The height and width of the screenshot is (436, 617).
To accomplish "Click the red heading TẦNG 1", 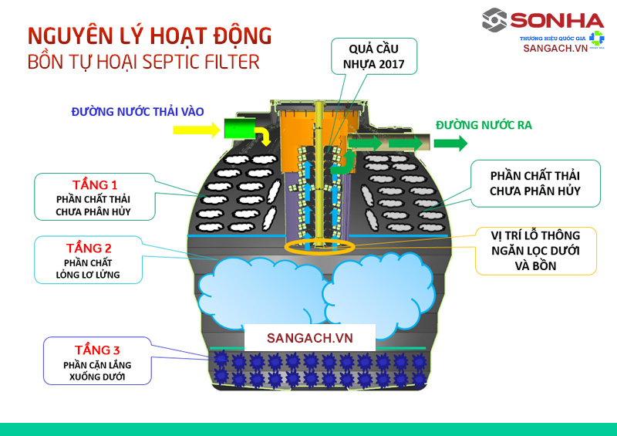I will point(94,185).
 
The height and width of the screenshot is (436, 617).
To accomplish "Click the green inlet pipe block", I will point(241,128).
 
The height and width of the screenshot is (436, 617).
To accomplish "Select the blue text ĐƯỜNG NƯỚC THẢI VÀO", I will point(137,112).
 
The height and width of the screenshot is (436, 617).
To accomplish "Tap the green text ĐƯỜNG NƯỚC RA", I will point(484,124).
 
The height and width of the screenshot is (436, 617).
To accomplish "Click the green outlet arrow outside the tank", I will point(450,143).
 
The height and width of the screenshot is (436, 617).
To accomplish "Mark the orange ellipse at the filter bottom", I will point(319,247).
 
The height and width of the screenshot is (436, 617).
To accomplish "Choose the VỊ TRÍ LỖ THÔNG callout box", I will point(535,250).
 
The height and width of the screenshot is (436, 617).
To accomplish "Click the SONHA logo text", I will point(545,19).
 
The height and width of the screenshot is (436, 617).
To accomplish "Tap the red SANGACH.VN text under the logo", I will point(555,48).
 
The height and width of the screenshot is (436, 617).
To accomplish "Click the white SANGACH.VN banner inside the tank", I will point(309,338).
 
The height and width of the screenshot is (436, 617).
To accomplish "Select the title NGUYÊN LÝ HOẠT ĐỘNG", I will point(150,35).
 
